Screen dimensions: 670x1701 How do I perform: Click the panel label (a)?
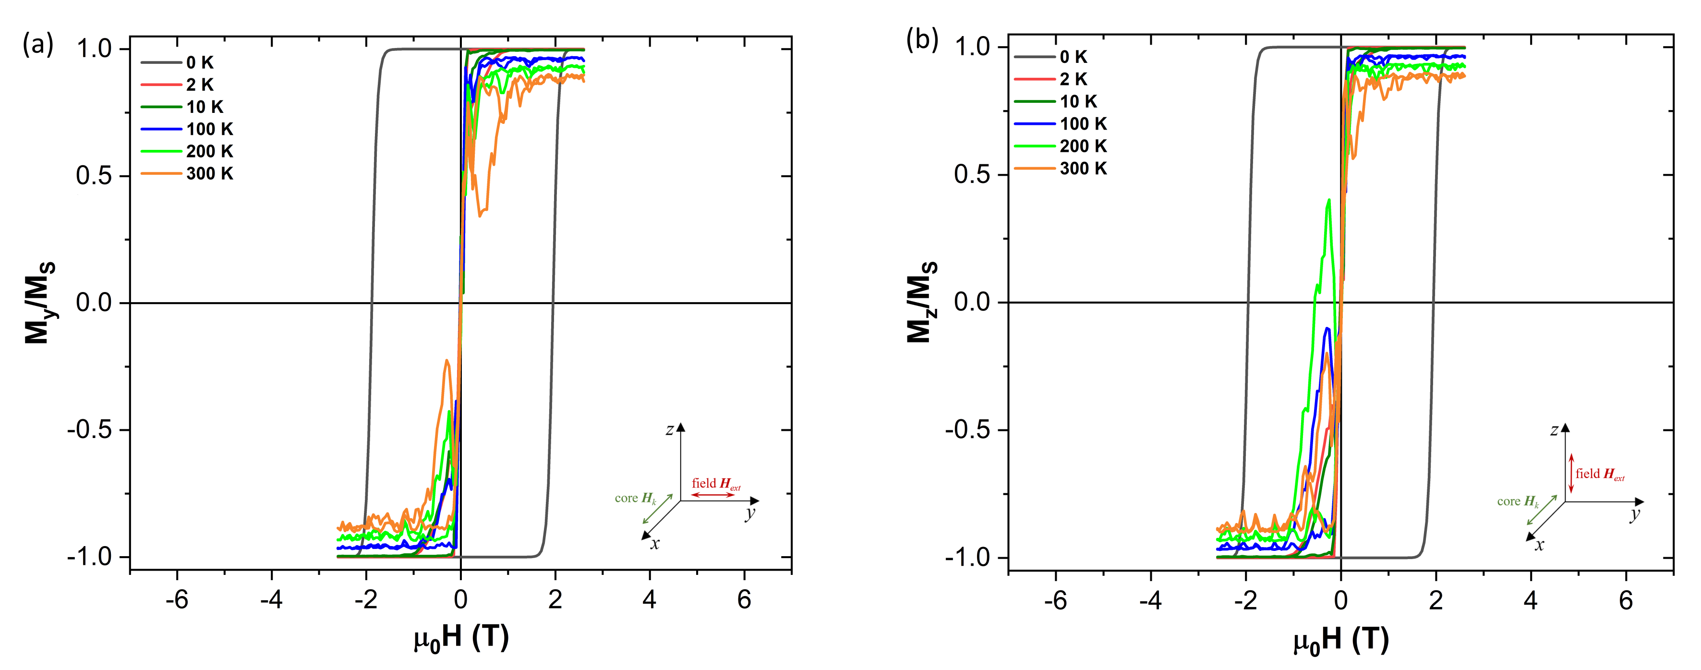click(x=37, y=45)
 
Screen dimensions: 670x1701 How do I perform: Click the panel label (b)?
click(x=922, y=40)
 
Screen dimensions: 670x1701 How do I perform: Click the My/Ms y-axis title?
click(x=40, y=303)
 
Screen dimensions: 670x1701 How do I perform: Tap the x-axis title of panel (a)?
click(x=461, y=638)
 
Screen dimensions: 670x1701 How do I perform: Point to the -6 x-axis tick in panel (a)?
click(x=177, y=599)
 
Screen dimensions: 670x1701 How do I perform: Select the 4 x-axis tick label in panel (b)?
click(x=1531, y=600)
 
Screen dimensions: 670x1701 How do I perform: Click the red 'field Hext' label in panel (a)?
click(x=716, y=484)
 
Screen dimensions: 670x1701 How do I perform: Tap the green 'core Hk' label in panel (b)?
click(x=1518, y=501)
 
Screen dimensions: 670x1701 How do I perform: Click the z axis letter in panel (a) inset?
click(x=670, y=430)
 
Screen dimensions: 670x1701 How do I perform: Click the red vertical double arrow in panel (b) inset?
click(x=1571, y=473)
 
